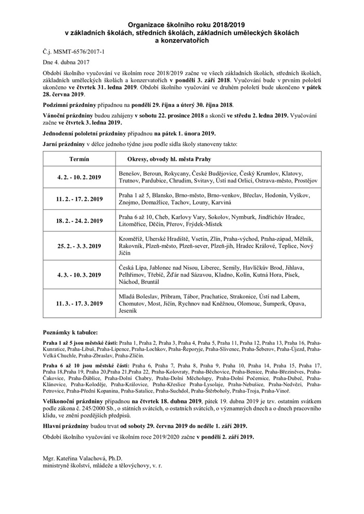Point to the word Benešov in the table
tap(132, 173)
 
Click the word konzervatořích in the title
tap(181, 39)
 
